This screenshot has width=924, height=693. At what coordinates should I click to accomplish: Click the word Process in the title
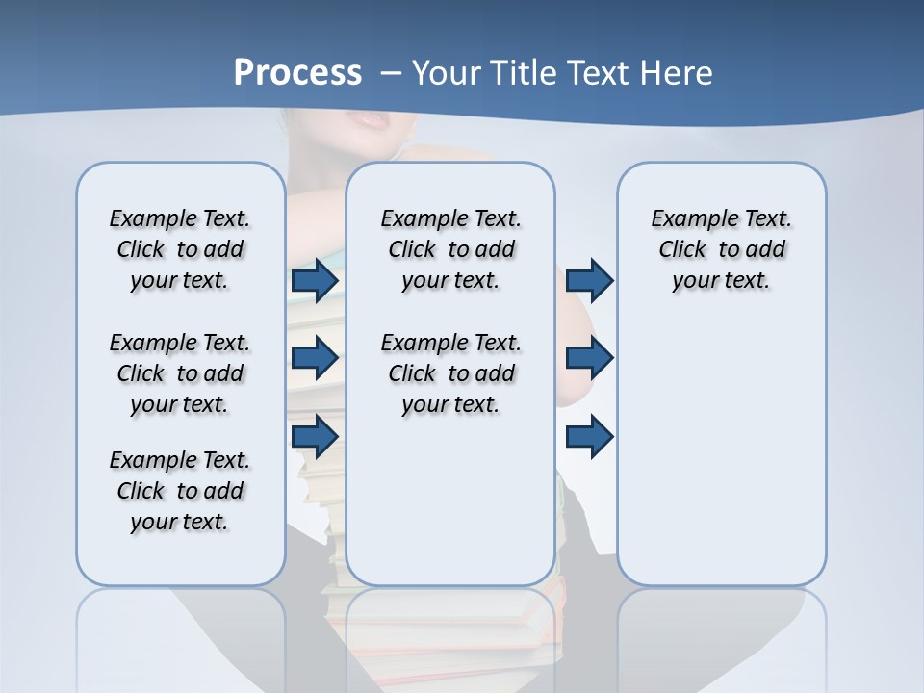[297, 73]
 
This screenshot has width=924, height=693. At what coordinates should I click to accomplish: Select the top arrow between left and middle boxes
[315, 280]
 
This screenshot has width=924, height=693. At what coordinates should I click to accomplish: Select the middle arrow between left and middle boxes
[315, 358]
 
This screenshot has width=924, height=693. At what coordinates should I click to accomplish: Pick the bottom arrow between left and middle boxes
[315, 436]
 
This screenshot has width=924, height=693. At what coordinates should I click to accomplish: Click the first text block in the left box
[180, 249]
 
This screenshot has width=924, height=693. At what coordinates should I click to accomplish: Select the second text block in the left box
[180, 373]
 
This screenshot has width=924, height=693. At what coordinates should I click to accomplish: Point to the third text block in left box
[180, 491]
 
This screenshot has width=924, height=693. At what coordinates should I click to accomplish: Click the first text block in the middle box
[450, 249]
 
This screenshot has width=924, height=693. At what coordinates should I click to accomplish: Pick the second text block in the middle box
[450, 373]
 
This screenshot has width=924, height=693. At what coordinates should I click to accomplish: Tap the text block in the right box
[721, 249]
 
